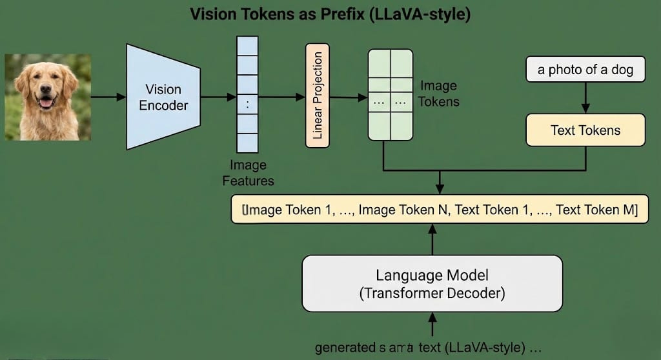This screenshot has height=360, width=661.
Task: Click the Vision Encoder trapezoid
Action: tap(163, 97)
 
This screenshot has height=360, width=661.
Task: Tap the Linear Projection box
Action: tap(317, 95)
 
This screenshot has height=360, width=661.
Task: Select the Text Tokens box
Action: tap(585, 130)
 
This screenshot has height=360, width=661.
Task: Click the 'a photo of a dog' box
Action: tap(585, 70)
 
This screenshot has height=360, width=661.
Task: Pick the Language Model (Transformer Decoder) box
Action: tap(432, 285)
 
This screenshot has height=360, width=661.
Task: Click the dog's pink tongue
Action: tap(46, 103)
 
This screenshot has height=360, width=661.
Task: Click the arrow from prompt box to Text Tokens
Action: tap(585, 97)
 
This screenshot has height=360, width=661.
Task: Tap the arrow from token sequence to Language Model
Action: tap(432, 239)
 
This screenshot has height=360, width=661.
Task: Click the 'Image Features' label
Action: tap(248, 174)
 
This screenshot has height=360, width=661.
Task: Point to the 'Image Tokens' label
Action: tap(439, 94)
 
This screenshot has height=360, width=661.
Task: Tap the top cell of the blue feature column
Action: tap(247, 46)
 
